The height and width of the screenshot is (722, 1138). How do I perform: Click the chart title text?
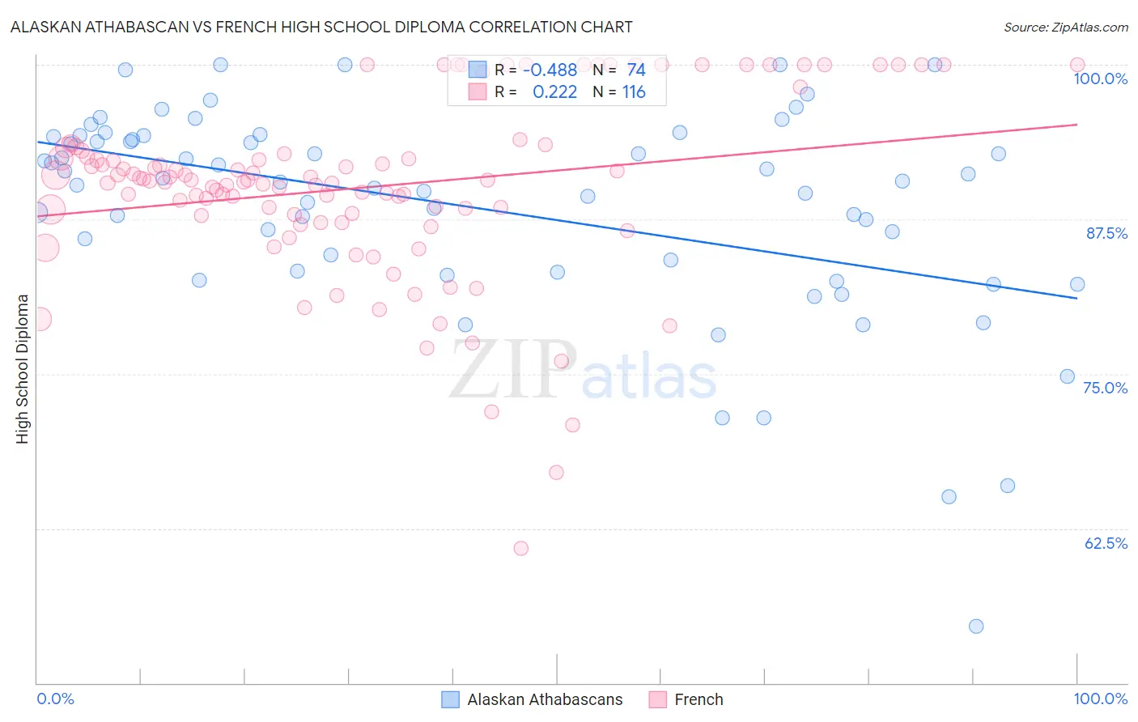321,27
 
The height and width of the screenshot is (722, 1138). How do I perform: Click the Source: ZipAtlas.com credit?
1065,27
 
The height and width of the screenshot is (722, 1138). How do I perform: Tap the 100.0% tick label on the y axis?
1100,79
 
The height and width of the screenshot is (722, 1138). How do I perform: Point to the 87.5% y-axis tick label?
1106,233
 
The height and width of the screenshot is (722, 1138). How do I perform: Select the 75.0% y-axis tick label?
1105,388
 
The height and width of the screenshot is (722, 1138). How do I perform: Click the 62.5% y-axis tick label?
1106,543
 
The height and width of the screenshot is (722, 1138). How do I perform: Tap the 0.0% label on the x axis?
56,699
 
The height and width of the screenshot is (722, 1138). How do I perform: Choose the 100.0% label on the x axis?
1100,699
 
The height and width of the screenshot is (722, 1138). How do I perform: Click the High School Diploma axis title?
23,368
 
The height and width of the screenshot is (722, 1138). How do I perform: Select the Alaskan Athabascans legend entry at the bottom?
545,699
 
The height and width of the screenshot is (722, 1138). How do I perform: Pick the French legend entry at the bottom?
699,699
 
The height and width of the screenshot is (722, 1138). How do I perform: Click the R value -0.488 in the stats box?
550,70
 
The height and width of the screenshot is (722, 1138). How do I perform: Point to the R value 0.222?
554,92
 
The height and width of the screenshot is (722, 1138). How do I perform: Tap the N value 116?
634,92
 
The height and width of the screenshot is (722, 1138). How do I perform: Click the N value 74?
636,70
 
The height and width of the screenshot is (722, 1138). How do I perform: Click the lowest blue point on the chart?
976,626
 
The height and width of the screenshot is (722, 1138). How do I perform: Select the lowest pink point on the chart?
521,549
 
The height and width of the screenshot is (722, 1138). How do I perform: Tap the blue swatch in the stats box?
478,70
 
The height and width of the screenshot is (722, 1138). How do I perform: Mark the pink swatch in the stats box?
478,92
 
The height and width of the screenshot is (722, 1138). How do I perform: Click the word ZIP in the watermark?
512,370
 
